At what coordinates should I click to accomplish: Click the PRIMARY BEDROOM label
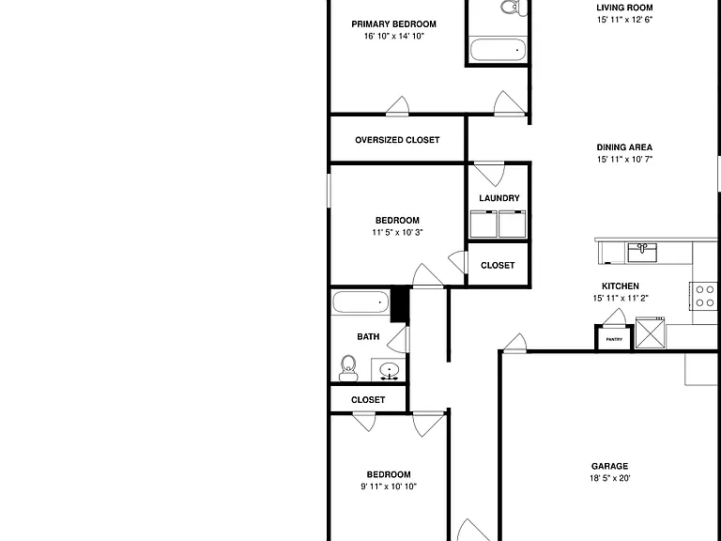click(393, 23)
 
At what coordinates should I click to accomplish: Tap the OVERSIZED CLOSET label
click(397, 140)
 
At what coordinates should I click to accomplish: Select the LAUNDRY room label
click(499, 198)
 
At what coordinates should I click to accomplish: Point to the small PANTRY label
click(614, 339)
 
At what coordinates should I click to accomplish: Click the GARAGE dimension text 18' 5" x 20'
click(609, 478)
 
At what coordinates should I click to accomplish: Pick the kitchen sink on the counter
click(642, 253)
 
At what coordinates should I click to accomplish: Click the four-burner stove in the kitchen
click(703, 296)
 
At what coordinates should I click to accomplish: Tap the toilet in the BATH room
click(348, 368)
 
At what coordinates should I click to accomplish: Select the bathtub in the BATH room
click(360, 302)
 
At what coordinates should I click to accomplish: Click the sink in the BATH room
click(389, 370)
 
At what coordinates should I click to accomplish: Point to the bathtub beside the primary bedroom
click(498, 50)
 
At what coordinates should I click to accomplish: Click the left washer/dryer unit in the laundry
click(483, 224)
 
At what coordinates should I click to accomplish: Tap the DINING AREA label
click(624, 147)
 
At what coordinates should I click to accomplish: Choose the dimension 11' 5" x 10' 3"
click(397, 232)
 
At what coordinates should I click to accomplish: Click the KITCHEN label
click(621, 286)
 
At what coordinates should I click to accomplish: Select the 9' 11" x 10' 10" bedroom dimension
click(389, 487)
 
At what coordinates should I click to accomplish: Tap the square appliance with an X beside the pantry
click(651, 333)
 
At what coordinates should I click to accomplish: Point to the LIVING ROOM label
click(624, 8)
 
